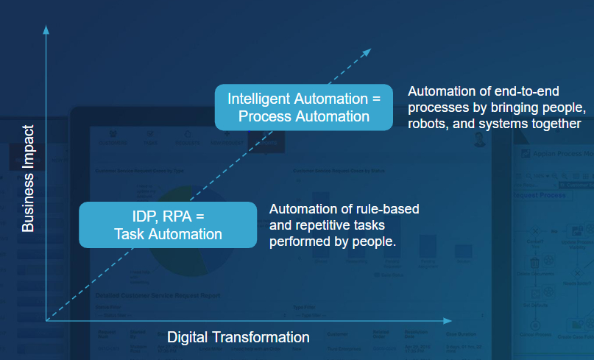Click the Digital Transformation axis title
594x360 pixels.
tap(238, 337)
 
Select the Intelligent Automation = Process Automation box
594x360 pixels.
tap(303, 107)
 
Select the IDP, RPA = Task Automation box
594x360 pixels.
tap(168, 224)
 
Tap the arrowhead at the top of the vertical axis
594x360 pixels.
tap(46, 29)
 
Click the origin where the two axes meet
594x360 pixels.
tap(46, 321)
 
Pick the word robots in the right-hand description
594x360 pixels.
tap(428, 124)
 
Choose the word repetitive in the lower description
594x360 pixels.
tap(323, 225)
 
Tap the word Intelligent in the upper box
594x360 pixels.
tap(259, 99)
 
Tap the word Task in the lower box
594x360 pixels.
tap(130, 234)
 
